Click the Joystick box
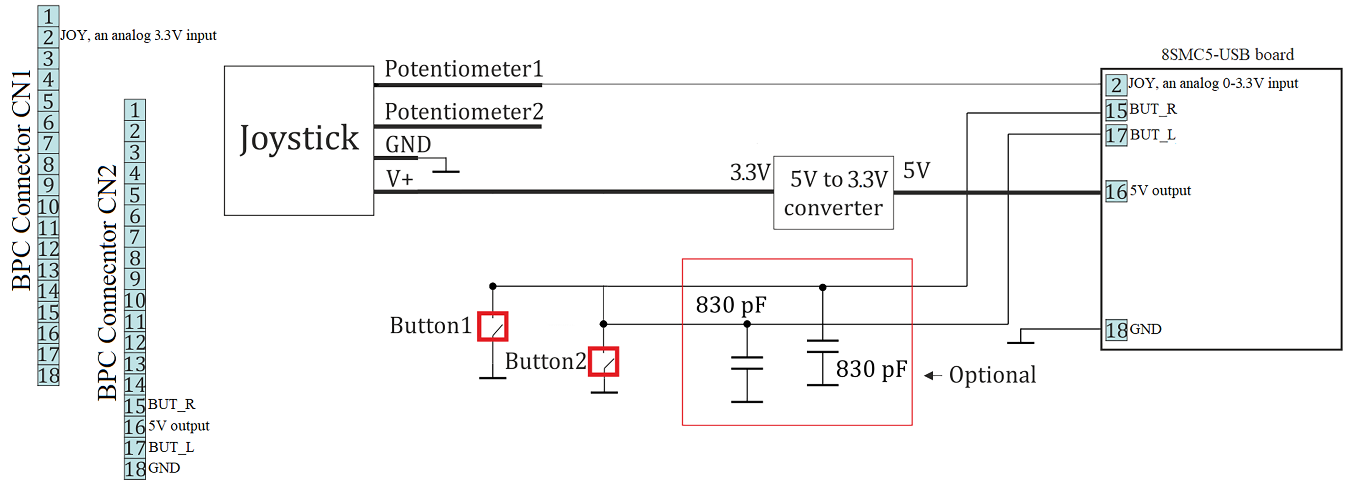click(299, 140)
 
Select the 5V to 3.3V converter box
click(833, 192)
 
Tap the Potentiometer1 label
click(463, 69)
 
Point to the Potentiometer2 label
click(463, 111)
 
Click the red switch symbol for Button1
click(492, 326)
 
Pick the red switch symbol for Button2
click(604, 362)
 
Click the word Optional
click(992, 375)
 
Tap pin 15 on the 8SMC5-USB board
click(1116, 110)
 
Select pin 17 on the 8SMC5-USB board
click(1116, 135)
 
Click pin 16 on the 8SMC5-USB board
click(1116, 192)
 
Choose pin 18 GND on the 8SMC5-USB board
click(1116, 330)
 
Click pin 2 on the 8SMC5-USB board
click(1116, 85)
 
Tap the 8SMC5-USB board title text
click(1227, 54)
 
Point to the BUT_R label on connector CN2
click(171, 404)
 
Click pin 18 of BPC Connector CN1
click(49, 375)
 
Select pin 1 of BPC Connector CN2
click(135, 110)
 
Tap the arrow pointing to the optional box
click(933, 375)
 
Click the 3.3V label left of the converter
click(750, 173)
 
